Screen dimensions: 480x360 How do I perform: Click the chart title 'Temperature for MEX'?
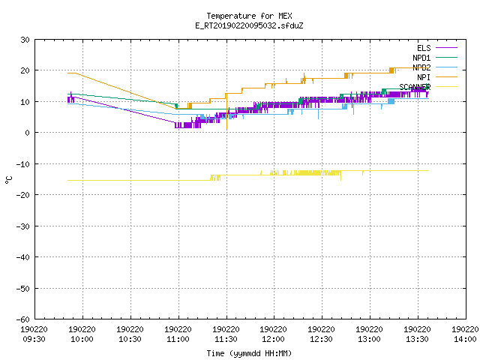(249, 16)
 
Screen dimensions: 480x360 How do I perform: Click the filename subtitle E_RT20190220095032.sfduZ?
(249, 25)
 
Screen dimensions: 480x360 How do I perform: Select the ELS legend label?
(424, 48)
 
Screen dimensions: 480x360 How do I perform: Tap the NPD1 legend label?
(421, 58)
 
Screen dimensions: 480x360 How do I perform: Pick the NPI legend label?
(424, 77)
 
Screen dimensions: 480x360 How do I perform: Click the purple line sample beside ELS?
(446, 48)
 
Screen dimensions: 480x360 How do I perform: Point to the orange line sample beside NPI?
(446, 77)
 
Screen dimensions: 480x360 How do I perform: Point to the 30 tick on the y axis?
(25, 40)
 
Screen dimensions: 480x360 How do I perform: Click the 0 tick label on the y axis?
(28, 133)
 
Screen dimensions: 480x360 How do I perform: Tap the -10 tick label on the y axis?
(23, 164)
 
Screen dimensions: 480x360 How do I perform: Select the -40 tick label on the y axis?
(23, 257)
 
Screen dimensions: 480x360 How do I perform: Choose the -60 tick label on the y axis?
(23, 319)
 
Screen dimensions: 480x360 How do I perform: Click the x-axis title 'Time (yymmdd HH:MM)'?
(249, 353)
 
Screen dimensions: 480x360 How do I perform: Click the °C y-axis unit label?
(8, 180)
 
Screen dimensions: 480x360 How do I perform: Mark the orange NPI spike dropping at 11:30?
(226, 112)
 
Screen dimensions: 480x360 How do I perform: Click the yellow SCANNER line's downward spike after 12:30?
(340, 175)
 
